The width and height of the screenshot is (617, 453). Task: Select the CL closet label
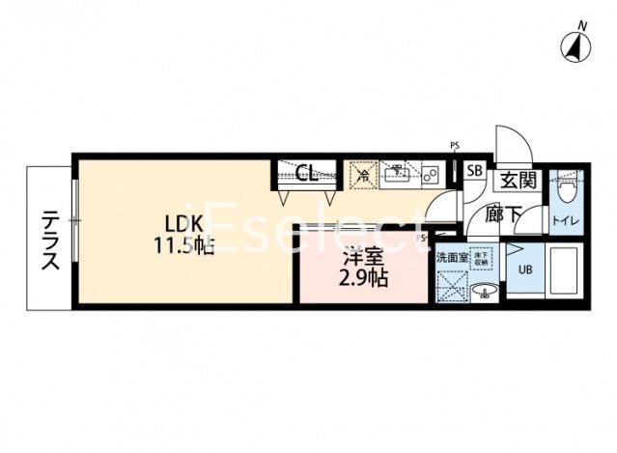coord(307,174)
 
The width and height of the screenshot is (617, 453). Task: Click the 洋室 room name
coord(363,258)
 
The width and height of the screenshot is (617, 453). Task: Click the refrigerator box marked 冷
coord(363,175)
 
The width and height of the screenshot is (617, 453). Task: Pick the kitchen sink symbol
coord(397,175)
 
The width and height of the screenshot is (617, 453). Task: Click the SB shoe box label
coord(474,171)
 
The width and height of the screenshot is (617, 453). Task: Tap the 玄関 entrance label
coord(519,180)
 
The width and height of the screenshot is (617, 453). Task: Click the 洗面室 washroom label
coord(452,258)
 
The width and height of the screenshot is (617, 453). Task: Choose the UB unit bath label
coord(525,270)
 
